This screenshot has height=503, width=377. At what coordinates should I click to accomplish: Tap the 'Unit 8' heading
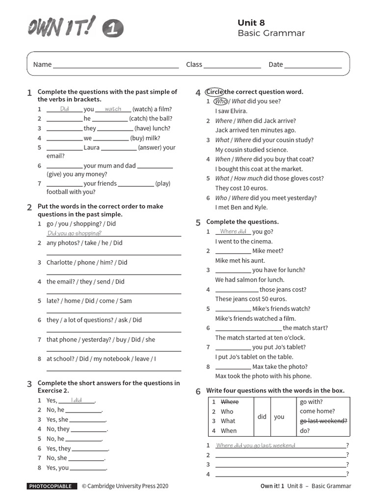[x=251, y=22]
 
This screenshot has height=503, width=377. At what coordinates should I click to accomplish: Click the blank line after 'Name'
[x=116, y=65]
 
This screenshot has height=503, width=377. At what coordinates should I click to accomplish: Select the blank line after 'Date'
[x=313, y=65]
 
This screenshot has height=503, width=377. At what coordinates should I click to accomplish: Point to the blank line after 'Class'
[x=232, y=65]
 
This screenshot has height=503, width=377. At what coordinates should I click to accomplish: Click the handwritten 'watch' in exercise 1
[x=113, y=109]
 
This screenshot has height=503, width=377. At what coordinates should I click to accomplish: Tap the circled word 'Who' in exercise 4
[x=220, y=102]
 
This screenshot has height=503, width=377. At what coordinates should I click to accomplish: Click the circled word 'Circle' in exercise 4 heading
[x=215, y=92]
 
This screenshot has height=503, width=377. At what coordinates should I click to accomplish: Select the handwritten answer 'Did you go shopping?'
[x=75, y=233]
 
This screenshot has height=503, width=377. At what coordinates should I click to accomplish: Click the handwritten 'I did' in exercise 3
[x=77, y=400]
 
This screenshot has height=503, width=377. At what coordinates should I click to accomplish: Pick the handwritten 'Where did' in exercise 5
[x=233, y=231]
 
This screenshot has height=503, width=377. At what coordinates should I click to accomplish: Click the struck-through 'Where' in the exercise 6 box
[x=229, y=402]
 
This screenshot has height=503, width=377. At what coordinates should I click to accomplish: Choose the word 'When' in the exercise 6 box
[x=228, y=431]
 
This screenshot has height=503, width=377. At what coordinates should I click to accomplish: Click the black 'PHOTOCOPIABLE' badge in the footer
[x=52, y=486]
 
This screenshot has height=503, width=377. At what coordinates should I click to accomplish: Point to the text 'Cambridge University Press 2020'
[x=128, y=486]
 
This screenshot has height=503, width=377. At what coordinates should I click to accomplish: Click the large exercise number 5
[x=198, y=223]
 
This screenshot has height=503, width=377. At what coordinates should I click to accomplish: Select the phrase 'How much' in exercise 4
[x=247, y=179]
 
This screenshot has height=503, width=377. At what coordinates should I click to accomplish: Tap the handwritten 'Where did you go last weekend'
[x=256, y=446]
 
